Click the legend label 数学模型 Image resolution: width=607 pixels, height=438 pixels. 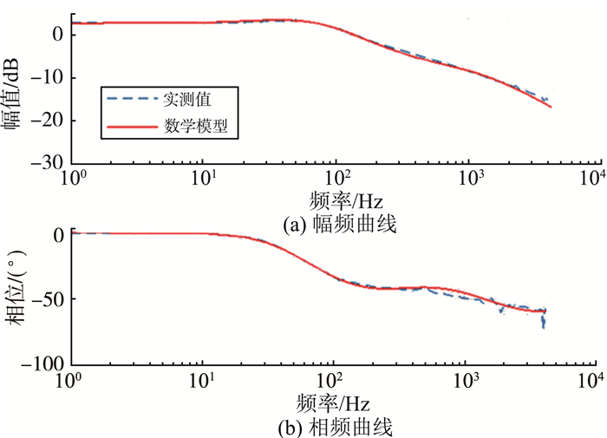(x=196, y=127)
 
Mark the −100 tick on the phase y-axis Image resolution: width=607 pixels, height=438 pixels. (x=43, y=363)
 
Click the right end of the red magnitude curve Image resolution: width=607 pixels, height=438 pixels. (x=551, y=107)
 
